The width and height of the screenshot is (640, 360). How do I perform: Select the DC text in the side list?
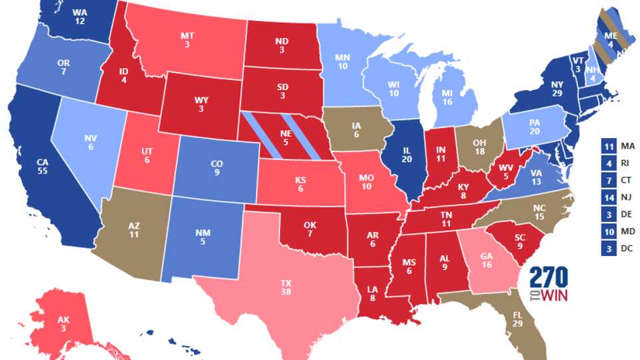(x=627, y=249)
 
